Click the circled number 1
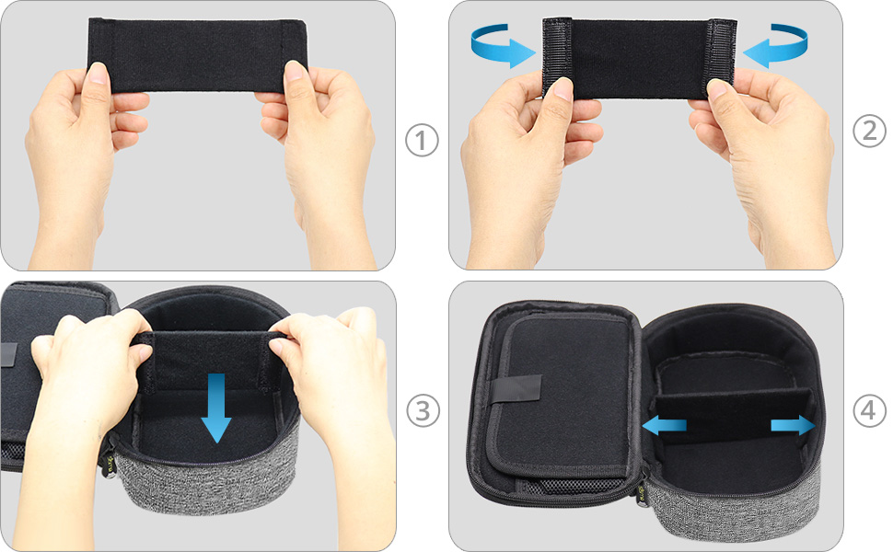pyautogui.click(x=422, y=140)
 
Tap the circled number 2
pyautogui.click(x=869, y=131)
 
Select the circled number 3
pyautogui.click(x=423, y=410)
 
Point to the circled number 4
pyautogui.click(x=869, y=410)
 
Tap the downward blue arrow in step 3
pyautogui.click(x=215, y=408)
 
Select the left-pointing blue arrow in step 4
pyautogui.click(x=664, y=424)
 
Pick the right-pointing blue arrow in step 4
pyautogui.click(x=793, y=425)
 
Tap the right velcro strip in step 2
pyautogui.click(x=721, y=57)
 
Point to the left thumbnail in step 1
pyautogui.click(x=98, y=73)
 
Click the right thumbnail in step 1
pyautogui.click(x=294, y=71)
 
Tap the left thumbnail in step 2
pyautogui.click(x=563, y=88)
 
